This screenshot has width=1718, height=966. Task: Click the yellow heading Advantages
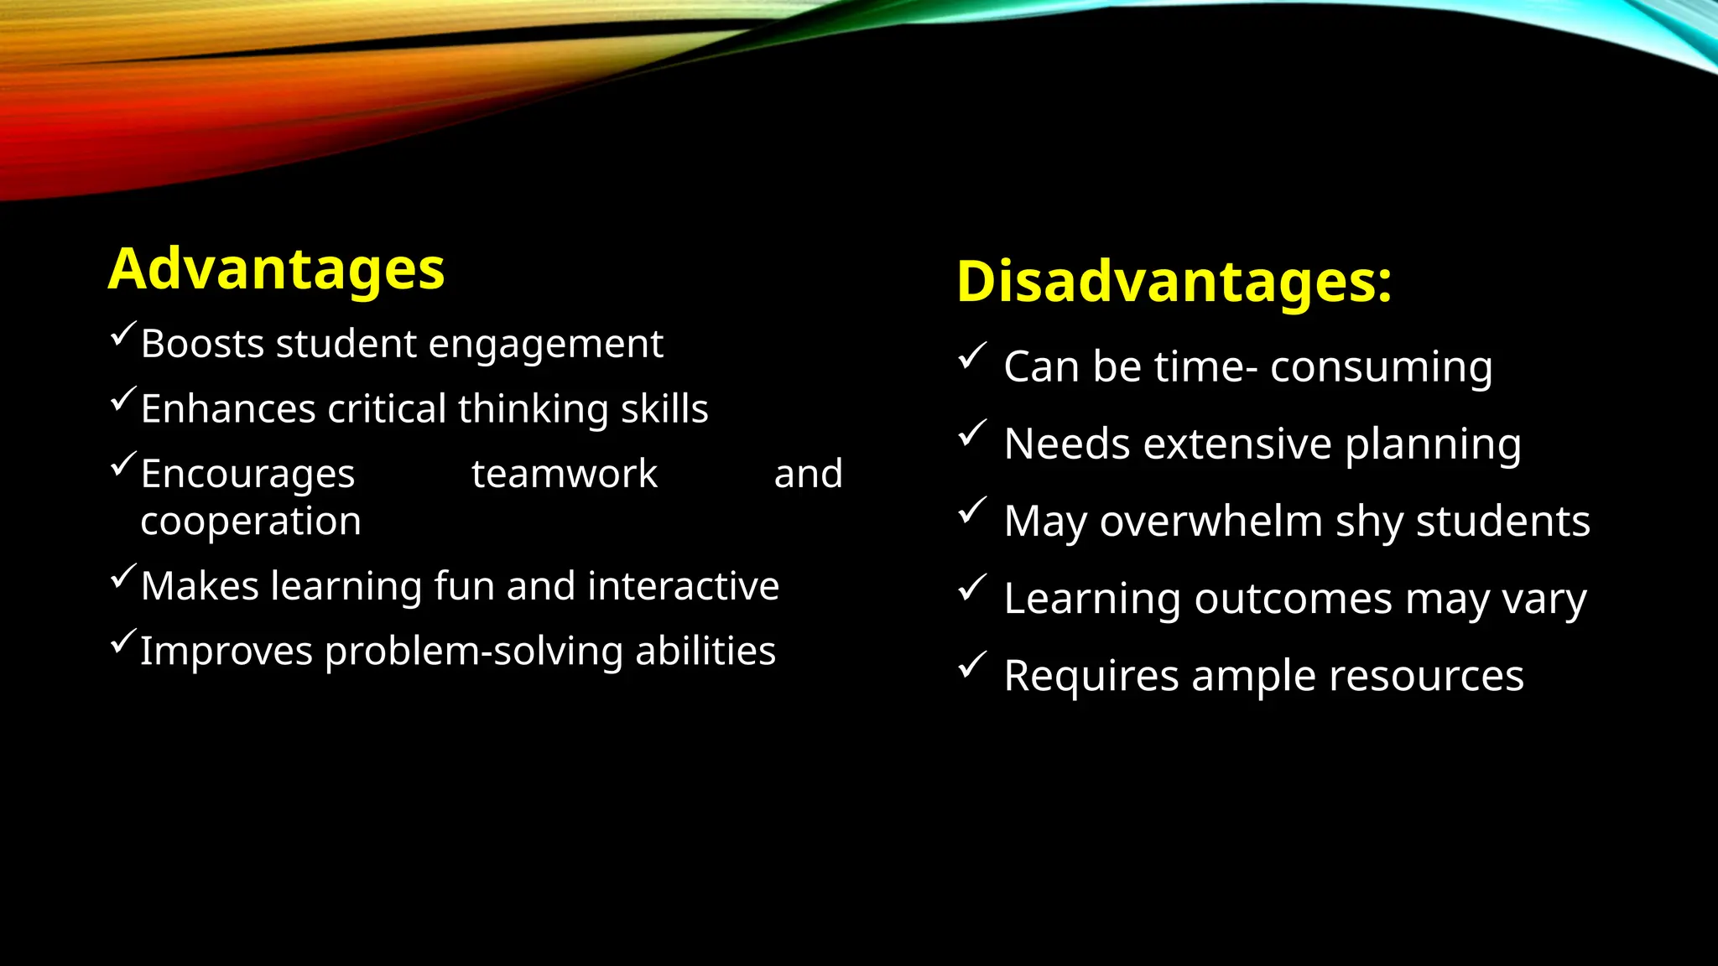pyautogui.click(x=276, y=269)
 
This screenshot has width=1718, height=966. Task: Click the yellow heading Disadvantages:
pyautogui.click(x=1174, y=281)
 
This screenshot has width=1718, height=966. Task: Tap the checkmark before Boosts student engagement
pyautogui.click(x=122, y=335)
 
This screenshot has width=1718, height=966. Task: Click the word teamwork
pyautogui.click(x=565, y=474)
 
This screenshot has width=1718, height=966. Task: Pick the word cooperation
pyautogui.click(x=251, y=522)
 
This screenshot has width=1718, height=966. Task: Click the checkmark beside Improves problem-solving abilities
pyautogui.click(x=122, y=641)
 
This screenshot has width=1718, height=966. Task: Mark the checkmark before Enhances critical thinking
pyautogui.click(x=122, y=399)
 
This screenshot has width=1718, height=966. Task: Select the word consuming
pyautogui.click(x=1381, y=367)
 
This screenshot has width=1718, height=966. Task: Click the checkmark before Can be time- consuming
pyautogui.click(x=972, y=356)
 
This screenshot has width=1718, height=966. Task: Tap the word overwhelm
pyautogui.click(x=1211, y=522)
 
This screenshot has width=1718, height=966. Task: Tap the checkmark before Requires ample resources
pyautogui.click(x=972, y=666)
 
